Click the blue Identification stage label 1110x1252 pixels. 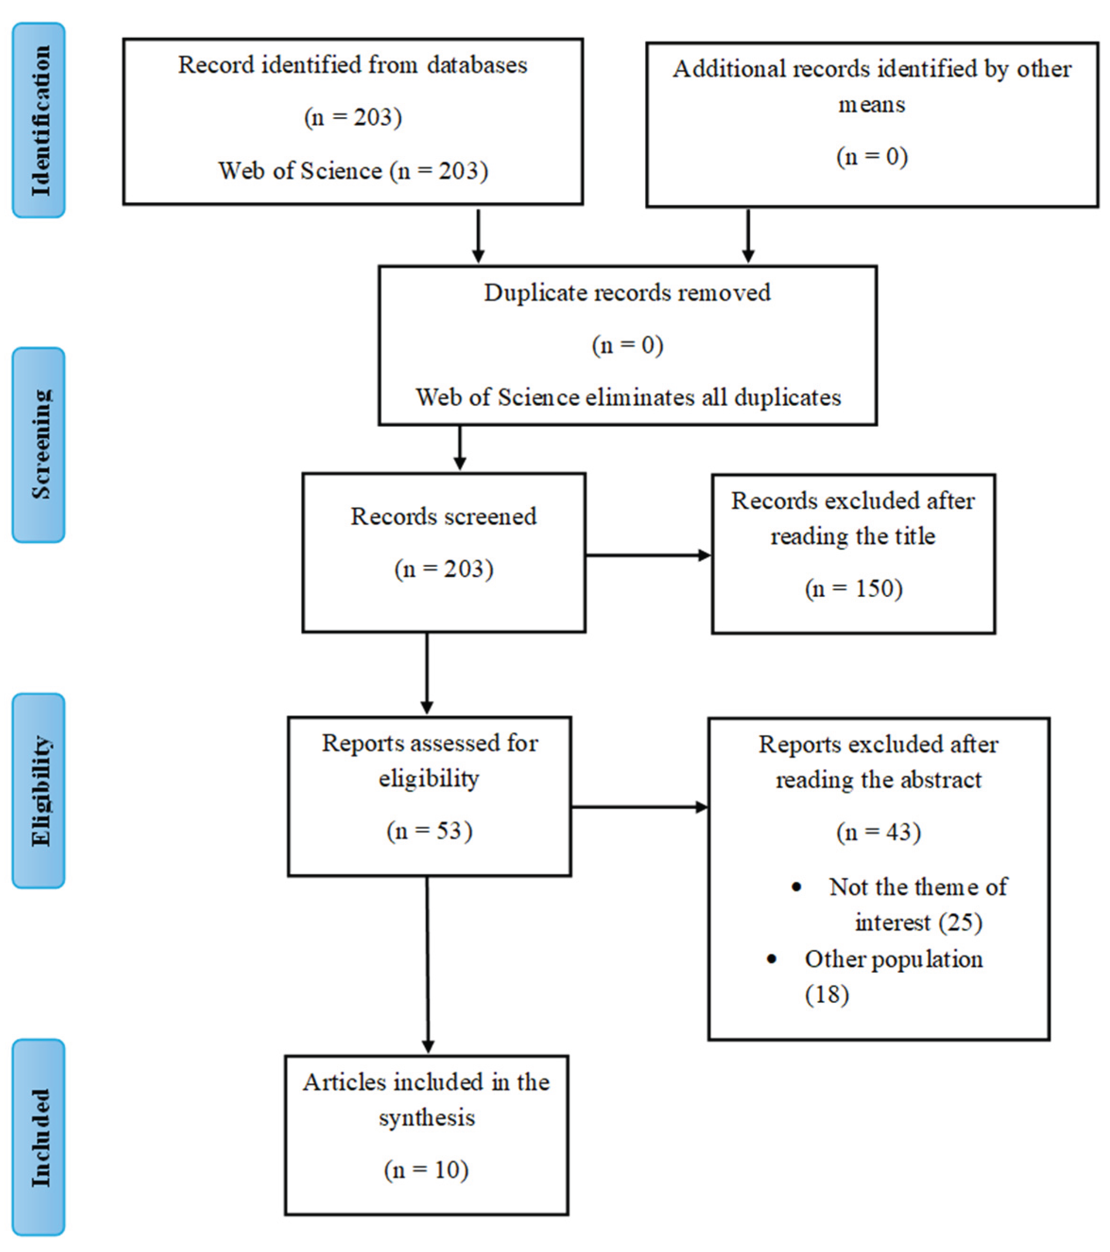(x=39, y=120)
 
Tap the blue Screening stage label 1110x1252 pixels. (x=39, y=445)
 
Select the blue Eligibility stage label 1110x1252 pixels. (x=39, y=791)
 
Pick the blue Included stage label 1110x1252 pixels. (x=39, y=1138)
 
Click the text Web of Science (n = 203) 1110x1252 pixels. (x=353, y=171)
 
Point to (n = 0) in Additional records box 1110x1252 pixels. (x=872, y=157)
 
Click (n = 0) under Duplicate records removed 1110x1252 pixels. (x=628, y=345)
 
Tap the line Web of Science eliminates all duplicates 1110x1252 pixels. (x=628, y=397)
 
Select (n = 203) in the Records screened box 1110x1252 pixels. (x=444, y=569)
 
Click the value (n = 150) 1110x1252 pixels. (x=854, y=588)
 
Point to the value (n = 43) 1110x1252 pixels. (x=879, y=832)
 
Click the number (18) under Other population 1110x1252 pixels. (x=827, y=994)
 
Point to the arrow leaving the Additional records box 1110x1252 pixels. (x=748, y=236)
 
